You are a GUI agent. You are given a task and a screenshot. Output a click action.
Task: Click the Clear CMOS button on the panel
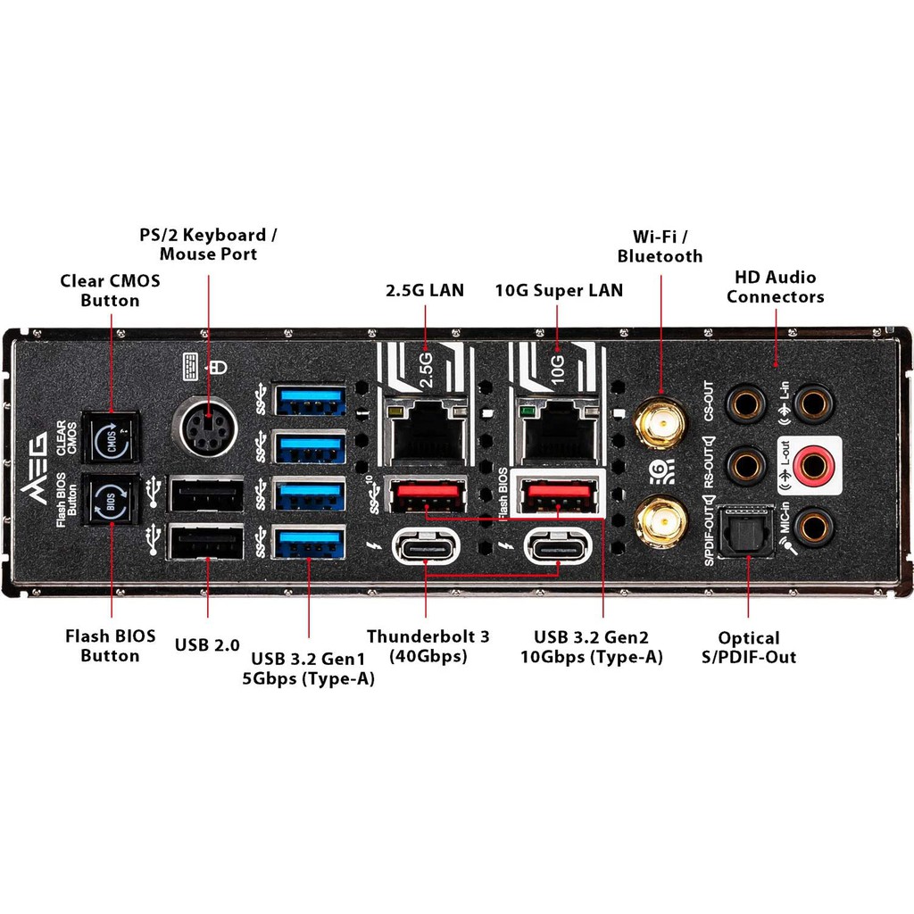112,437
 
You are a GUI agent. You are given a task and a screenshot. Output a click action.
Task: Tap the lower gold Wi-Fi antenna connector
661,521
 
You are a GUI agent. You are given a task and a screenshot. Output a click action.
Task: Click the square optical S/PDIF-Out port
746,533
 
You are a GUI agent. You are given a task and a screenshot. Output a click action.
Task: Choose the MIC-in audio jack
813,527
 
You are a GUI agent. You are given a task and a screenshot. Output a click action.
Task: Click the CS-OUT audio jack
746,403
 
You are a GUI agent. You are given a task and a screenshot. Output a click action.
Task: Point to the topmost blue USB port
310,399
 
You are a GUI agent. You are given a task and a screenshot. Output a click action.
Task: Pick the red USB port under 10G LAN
559,494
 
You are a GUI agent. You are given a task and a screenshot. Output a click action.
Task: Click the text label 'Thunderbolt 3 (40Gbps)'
428,646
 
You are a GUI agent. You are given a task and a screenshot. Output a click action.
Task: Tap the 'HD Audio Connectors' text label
775,287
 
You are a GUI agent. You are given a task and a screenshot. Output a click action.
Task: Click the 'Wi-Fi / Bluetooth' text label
661,246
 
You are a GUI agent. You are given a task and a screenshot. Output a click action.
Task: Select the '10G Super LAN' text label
559,290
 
